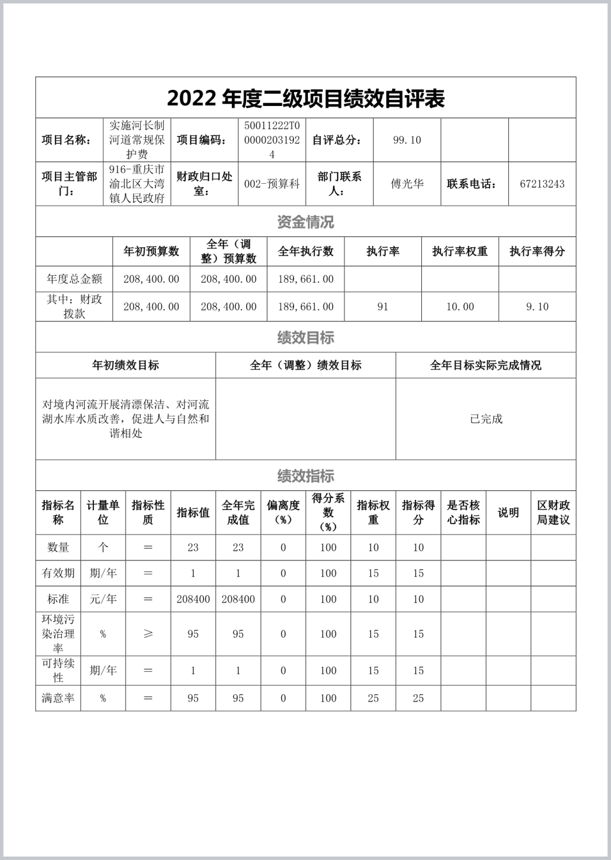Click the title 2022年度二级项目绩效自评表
305,98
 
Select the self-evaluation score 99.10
407,140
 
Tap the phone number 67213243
542,184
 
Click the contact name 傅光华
407,184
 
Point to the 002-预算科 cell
272,184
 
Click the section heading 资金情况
305,222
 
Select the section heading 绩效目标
305,338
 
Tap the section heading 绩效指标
305,476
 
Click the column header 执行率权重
460,251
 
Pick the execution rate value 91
383,307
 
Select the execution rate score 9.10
537,307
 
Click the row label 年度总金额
74,279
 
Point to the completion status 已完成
486,419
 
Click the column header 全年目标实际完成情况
486,365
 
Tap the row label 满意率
58,698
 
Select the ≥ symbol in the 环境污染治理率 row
148,634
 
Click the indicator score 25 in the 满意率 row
418,698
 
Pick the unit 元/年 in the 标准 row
103,599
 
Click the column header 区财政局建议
553,513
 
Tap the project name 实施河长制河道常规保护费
137,140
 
